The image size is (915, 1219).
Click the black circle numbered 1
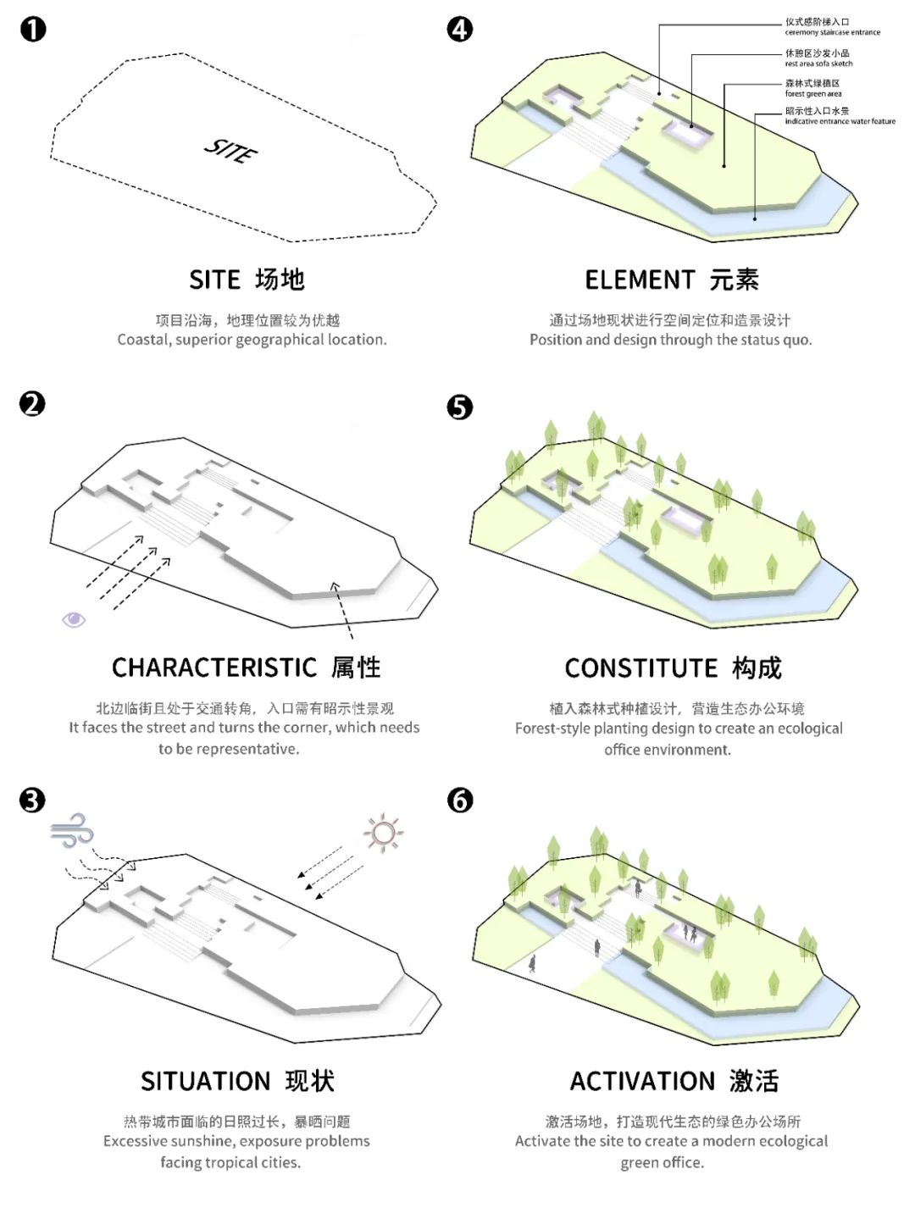pyautogui.click(x=33, y=30)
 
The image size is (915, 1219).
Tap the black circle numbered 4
pyautogui.click(x=460, y=30)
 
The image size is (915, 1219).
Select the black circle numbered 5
pyautogui.click(x=460, y=407)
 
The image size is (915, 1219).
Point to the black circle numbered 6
pyautogui.click(x=460, y=801)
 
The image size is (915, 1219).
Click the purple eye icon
pyautogui.click(x=74, y=620)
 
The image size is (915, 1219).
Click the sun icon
pyautogui.click(x=384, y=833)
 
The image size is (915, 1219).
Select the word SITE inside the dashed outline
pyautogui.click(x=230, y=151)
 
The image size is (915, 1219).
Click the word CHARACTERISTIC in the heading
pyautogui.click(x=213, y=668)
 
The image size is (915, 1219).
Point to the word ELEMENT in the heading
pyautogui.click(x=640, y=280)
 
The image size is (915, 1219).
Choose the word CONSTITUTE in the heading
pyautogui.click(x=640, y=669)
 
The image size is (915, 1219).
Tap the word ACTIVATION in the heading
pyautogui.click(x=642, y=1082)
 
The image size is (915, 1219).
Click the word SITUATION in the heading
pyautogui.click(x=205, y=1082)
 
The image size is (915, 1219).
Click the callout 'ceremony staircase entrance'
pyautogui.click(x=832, y=32)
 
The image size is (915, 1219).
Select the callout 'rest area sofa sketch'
pyautogui.click(x=818, y=64)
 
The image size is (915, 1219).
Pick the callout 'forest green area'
pyautogui.click(x=812, y=94)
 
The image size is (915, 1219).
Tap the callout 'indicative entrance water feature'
pyautogui.click(x=840, y=121)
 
